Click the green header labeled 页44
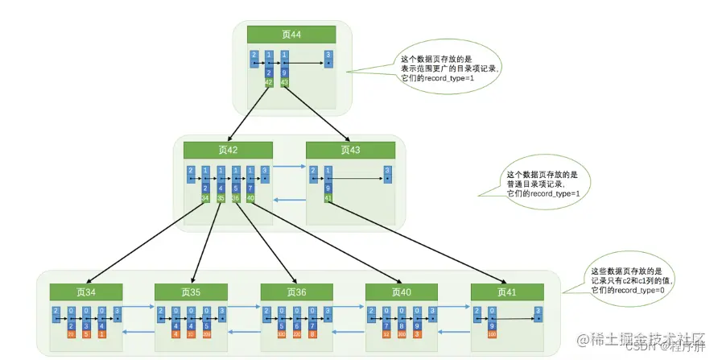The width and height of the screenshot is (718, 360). tap(292, 34)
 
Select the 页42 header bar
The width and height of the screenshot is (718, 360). tap(229, 150)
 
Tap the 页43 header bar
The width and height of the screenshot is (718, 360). tap(350, 150)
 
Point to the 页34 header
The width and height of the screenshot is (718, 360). tap(85, 292)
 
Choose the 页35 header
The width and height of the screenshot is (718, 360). tap(190, 292)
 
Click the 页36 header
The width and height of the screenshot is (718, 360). tap(295, 292)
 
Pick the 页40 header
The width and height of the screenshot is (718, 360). tap(400, 292)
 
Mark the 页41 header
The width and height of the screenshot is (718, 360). tap(505, 292)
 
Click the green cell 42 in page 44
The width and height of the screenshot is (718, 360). tap(269, 82)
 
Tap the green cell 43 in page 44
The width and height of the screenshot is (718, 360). tap(284, 82)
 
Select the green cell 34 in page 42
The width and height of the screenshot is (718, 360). tap(205, 198)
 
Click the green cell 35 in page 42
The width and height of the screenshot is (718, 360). tap(221, 198)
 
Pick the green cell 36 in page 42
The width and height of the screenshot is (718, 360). tap(235, 198)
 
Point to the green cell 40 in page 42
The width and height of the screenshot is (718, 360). tap(250, 198)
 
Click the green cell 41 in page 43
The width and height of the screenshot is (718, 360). tap(328, 198)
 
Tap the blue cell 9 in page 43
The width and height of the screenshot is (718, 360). tap(328, 188)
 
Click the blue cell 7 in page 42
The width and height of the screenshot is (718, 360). tap(250, 188)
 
